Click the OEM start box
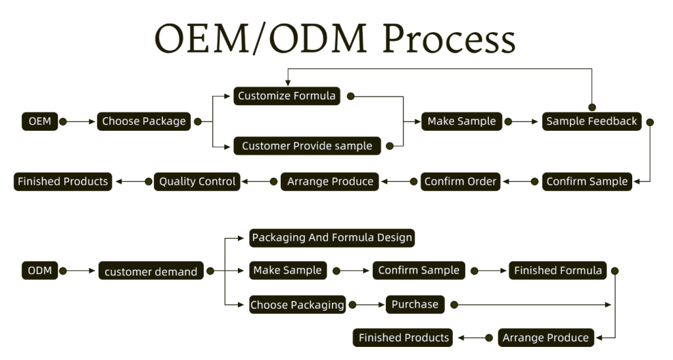coord(40,122)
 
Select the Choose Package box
coord(144,122)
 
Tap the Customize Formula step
coord(287,96)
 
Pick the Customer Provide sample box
coord(307,146)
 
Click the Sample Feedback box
coord(592,122)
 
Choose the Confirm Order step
coord(460,181)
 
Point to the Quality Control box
coord(197,181)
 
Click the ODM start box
coord(40,270)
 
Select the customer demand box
coord(151,271)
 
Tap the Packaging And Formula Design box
coord(333,238)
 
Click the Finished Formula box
coord(558,270)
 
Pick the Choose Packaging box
coord(297,305)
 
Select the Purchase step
coord(415,305)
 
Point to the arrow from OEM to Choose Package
coord(81,122)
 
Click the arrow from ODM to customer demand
coord(81,270)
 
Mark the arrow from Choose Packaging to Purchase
coord(369,305)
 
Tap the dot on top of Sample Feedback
coord(592,107)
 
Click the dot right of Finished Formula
coord(615,270)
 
